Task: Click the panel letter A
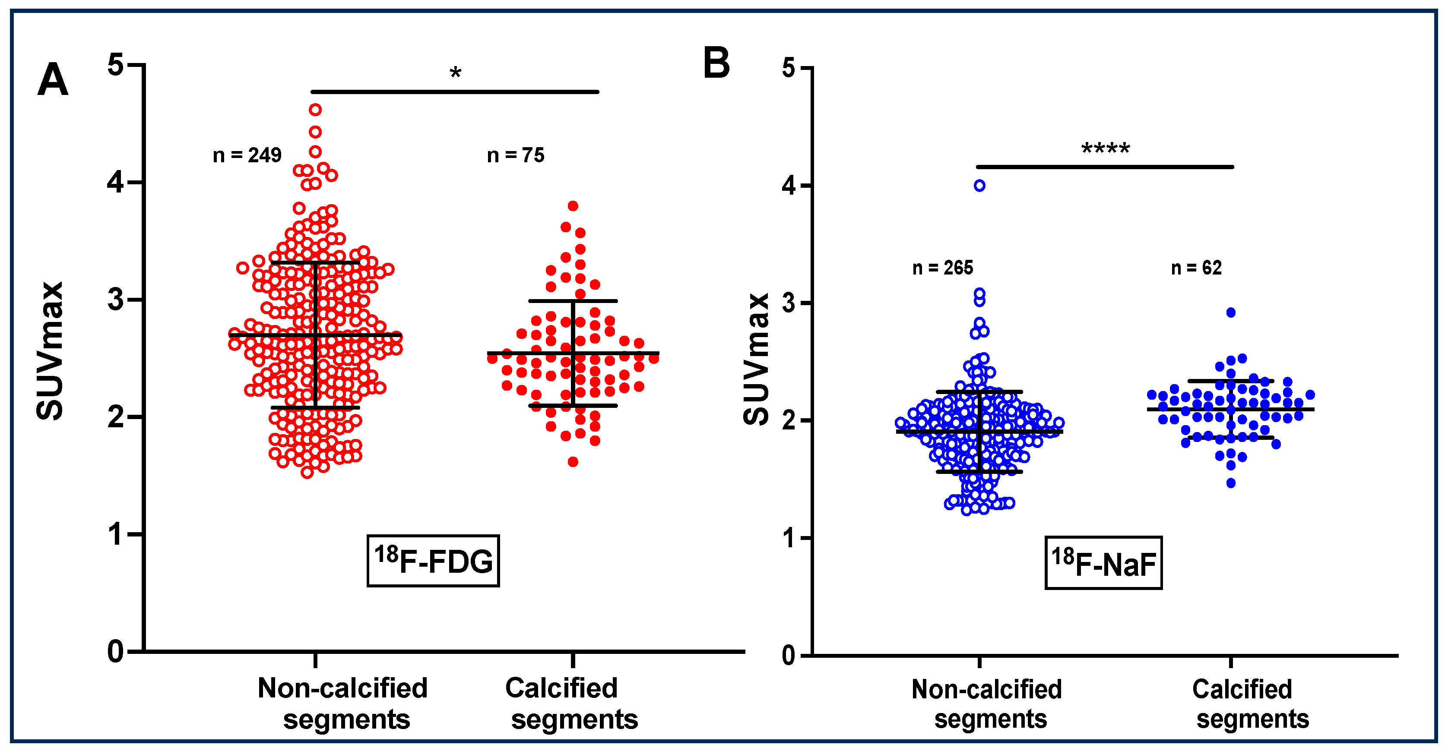tap(53, 80)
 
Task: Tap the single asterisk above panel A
tap(455, 73)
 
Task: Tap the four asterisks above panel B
tap(1105, 149)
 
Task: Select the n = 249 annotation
tap(247, 155)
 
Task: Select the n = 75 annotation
tap(516, 155)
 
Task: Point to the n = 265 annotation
tap(942, 268)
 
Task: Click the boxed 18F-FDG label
tap(433, 561)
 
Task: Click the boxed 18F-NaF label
tap(1103, 563)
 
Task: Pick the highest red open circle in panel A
tap(315, 110)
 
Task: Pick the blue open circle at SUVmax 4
tap(979, 186)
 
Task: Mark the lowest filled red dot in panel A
tap(573, 462)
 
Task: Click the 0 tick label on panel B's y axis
tap(788, 656)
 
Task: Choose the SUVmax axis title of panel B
tap(756, 359)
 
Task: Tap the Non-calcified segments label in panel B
tap(987, 704)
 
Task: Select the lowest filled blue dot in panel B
tap(1231, 483)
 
